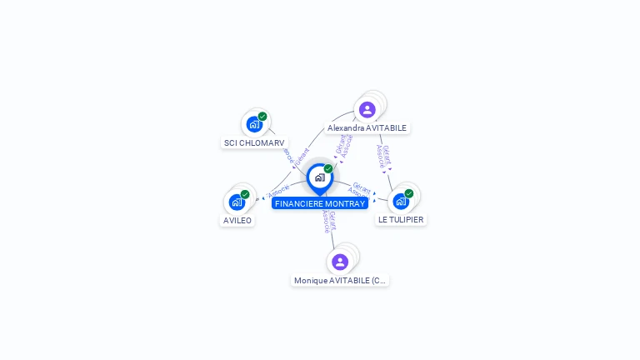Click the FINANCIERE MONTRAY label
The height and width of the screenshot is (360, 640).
point(320,203)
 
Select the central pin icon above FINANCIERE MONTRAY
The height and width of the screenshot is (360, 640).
point(319,177)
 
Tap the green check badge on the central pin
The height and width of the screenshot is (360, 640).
point(328,169)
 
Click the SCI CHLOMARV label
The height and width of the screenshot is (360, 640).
point(254,142)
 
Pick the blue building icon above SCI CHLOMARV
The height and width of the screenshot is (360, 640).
point(254,124)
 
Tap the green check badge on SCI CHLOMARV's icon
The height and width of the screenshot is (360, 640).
point(262,117)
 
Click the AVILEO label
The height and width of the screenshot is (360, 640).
point(237,220)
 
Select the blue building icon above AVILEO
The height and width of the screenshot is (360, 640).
point(237,202)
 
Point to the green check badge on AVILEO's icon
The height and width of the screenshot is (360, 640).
point(245,194)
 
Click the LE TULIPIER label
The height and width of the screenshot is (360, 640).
point(401,220)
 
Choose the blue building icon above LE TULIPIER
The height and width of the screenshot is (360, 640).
point(401,201)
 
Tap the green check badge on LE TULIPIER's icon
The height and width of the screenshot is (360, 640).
point(409,193)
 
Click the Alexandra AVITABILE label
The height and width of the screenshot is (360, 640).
point(367,128)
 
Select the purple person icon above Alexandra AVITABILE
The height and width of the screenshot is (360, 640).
point(367,109)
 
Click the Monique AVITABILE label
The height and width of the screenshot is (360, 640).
point(340,281)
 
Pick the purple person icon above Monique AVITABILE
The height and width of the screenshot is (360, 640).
point(340,262)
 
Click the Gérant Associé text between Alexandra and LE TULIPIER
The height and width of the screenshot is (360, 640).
point(383,157)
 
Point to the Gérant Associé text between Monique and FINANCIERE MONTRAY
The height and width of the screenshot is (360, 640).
point(329,222)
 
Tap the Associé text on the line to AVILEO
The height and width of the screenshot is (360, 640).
point(278,191)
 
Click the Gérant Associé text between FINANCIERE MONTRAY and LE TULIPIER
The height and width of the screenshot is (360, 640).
point(359,190)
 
